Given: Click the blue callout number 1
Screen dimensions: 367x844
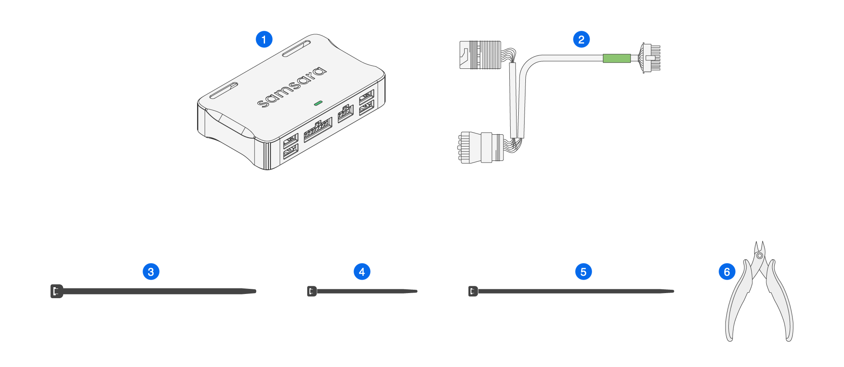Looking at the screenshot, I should coord(264,39).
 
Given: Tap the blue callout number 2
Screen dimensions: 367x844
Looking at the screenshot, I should coord(581,39).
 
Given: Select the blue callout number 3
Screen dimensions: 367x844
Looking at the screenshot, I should coord(151,272).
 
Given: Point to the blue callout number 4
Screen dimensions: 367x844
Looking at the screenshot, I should coord(362,272).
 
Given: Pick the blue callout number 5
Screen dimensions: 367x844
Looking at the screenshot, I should coord(583,272).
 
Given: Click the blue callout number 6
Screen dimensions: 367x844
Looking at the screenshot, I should coord(727,272).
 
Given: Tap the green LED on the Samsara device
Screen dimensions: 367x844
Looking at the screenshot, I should coord(318,103).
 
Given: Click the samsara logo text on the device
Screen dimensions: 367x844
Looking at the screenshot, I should coord(292,87).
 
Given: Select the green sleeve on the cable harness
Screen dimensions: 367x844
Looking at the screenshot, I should coord(617,58).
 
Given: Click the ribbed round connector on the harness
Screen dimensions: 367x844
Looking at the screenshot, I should coord(481,55).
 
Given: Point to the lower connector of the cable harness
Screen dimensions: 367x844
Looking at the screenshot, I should coord(481,147).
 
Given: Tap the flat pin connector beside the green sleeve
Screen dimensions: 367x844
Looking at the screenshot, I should coord(651,58).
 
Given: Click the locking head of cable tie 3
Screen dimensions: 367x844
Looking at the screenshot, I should coord(57,291).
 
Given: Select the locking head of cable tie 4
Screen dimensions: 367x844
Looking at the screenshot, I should coord(312,291).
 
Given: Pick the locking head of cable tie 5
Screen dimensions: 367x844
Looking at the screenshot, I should coord(473,291).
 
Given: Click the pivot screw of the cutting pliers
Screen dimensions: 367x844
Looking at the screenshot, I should coord(760,256).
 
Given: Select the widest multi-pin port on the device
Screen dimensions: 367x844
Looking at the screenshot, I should coord(318,129).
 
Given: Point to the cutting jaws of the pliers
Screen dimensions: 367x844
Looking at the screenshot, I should coord(760,247).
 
